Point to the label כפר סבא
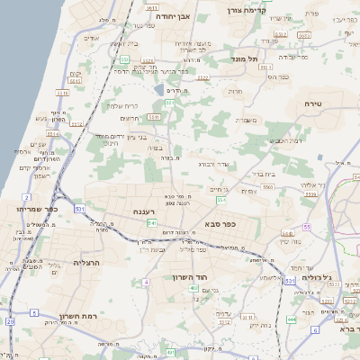point(220,225)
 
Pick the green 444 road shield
point(292,319)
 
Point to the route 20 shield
point(10,321)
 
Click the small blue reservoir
point(159,90)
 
